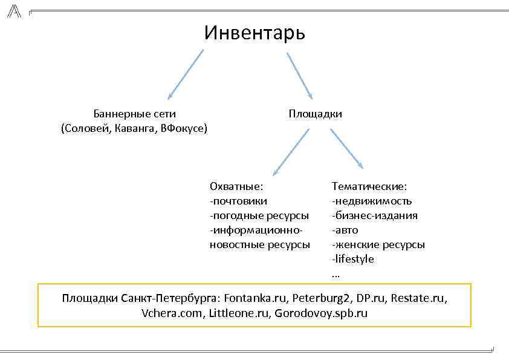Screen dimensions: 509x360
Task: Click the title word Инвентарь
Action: click(254, 32)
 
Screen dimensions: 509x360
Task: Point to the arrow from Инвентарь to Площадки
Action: click(299, 76)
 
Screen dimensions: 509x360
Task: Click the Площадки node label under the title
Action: click(315, 114)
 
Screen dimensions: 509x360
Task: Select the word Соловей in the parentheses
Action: click(85, 128)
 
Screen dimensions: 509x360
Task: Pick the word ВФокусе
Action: click(183, 128)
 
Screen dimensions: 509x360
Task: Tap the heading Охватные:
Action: click(236, 186)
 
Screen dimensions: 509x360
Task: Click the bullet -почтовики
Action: click(238, 201)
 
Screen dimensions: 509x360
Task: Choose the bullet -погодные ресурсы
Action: click(259, 215)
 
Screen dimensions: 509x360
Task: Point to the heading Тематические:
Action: click(369, 186)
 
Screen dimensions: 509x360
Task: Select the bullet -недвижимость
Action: click(372, 201)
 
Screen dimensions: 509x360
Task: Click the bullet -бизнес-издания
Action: click(374, 215)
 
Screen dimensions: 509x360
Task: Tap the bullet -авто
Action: click(345, 230)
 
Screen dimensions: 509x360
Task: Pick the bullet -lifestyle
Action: click(353, 259)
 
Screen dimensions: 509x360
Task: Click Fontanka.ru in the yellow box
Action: click(254, 299)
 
